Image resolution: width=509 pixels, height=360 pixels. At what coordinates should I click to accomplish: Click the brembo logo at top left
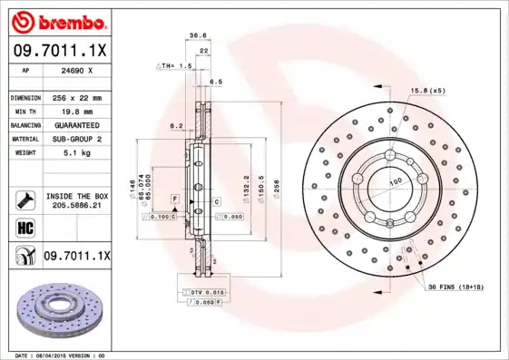[59, 21]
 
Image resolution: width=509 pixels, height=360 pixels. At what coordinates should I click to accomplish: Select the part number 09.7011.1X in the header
[59, 52]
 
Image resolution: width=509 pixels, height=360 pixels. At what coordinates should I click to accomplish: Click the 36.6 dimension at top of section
[194, 37]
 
